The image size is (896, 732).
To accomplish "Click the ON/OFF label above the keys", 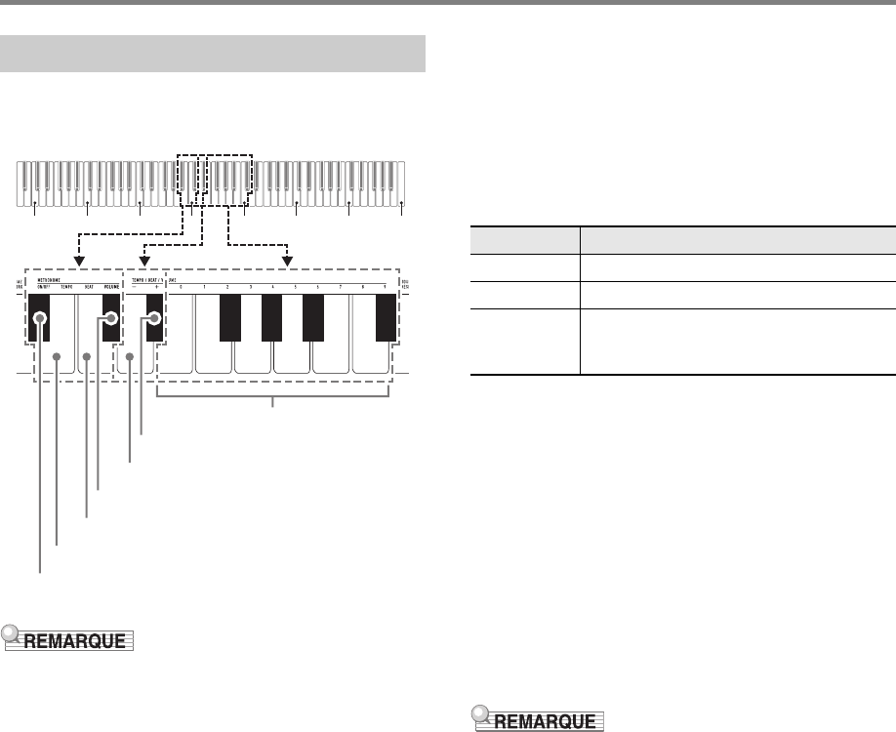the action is [39, 287].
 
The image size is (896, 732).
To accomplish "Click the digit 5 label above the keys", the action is [295, 287].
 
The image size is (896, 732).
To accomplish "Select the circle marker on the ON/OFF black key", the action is [40, 318].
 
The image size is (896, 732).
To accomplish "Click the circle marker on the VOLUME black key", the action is [111, 318].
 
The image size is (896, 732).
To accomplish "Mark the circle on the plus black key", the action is [154, 318].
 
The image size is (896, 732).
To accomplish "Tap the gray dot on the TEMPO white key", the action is [58, 357].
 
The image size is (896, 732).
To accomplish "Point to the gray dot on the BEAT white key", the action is [87, 357].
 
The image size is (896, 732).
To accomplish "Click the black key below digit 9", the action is [387, 317].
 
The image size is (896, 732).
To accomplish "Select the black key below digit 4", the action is [272, 317].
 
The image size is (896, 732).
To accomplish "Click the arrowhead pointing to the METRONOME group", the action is [81, 262].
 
